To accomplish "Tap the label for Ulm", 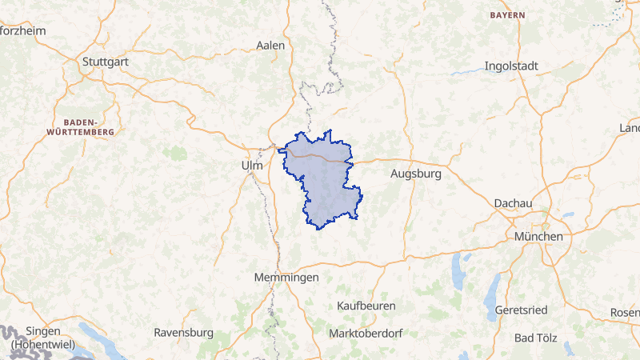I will pyautogui.click(x=251, y=166).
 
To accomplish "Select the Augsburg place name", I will pyautogui.click(x=416, y=173).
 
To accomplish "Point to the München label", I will pyautogui.click(x=538, y=237).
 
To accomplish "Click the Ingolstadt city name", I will pyautogui.click(x=511, y=66).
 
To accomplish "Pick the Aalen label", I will pyautogui.click(x=270, y=46).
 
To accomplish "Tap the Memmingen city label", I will pyautogui.click(x=286, y=277).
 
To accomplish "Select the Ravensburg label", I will pyautogui.click(x=183, y=332).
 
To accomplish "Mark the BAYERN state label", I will pyautogui.click(x=507, y=15).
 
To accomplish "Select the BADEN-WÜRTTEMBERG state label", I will pyautogui.click(x=81, y=123).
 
